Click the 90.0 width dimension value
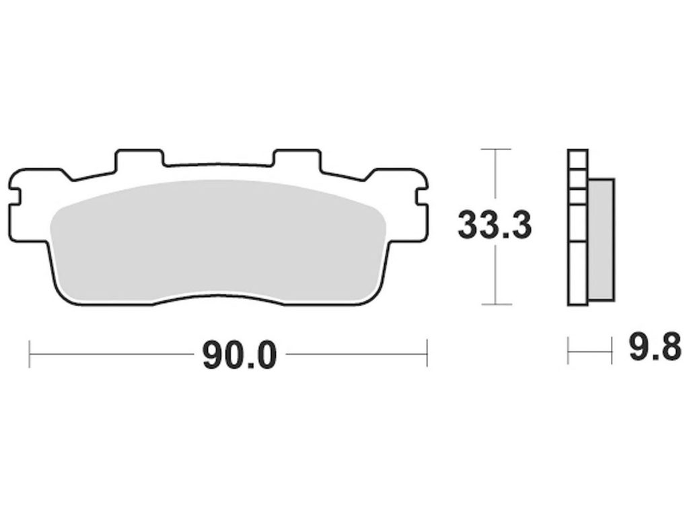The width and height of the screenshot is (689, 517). (240, 354)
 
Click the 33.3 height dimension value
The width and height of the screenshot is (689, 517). (495, 226)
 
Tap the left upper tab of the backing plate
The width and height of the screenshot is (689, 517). (139, 159)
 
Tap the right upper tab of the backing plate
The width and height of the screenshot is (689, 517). (297, 159)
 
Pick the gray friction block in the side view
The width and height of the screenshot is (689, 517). (601, 240)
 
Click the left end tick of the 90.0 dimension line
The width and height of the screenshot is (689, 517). (30, 353)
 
